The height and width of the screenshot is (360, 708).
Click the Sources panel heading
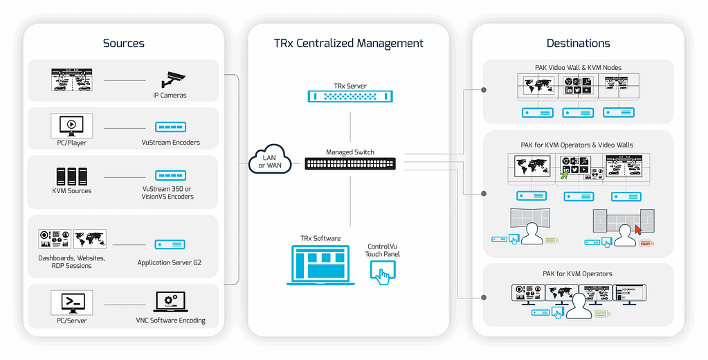124,43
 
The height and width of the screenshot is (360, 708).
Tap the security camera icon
170,79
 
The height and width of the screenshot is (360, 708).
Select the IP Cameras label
170,96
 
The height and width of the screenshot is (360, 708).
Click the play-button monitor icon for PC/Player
72,125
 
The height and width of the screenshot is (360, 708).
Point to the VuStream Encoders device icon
170,127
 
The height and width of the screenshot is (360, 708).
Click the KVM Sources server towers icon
72,174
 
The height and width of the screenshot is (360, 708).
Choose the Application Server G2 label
169,263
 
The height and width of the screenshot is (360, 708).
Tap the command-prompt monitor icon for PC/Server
72,303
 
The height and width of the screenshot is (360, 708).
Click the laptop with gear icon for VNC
170,303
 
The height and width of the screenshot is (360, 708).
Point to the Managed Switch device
350,164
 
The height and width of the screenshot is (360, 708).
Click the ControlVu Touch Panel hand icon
382,271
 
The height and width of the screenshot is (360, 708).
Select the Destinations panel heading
578,43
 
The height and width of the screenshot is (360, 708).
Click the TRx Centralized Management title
349,43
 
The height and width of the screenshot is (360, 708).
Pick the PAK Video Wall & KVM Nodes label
578,68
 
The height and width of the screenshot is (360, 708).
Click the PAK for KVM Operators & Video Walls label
577,145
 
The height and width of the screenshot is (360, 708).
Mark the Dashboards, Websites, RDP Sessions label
72,262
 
